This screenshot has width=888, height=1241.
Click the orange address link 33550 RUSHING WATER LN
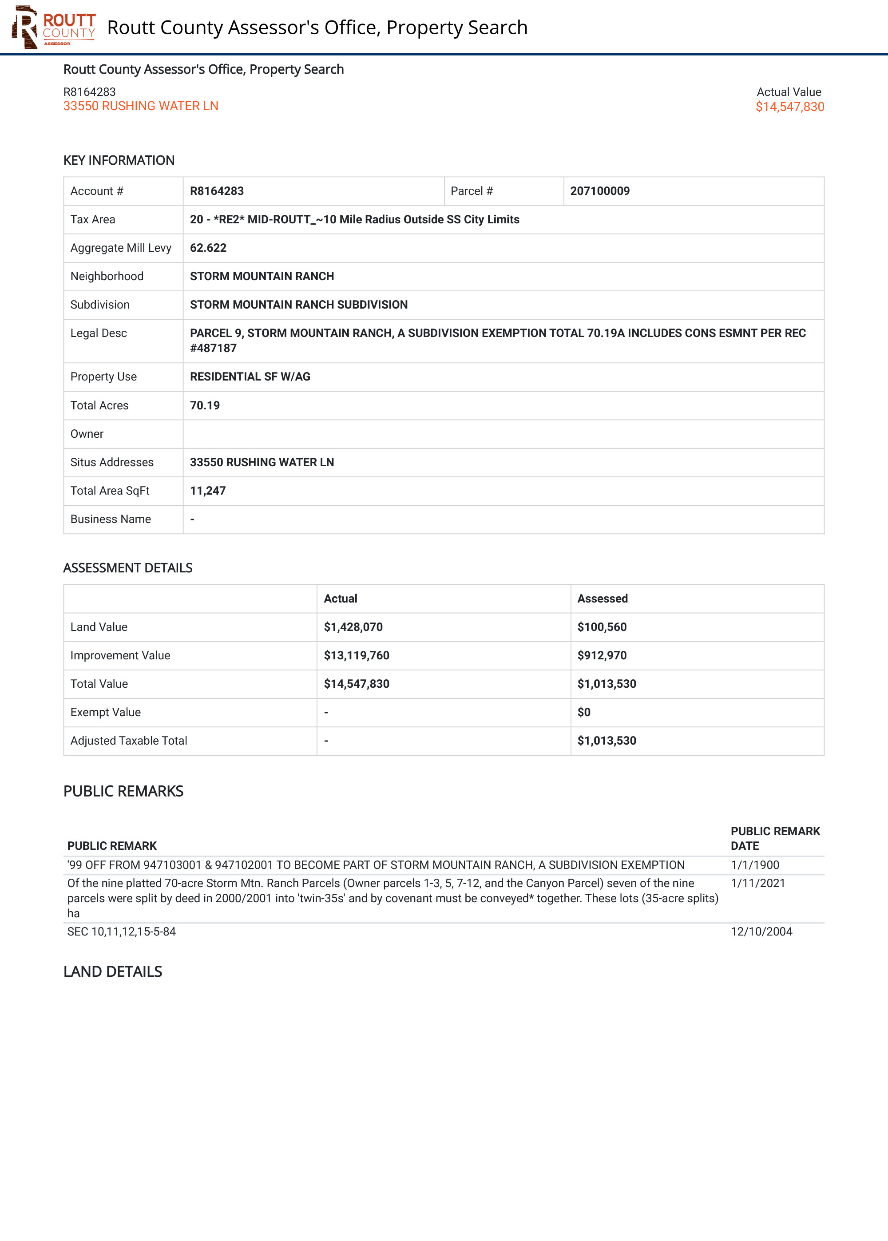tap(141, 106)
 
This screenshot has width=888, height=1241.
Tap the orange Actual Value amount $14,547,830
tap(789, 107)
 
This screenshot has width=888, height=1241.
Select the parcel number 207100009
tap(599, 191)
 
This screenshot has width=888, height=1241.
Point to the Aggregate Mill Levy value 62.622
tap(208, 248)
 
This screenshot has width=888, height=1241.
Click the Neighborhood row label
tap(107, 277)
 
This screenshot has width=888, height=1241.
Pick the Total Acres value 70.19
tap(205, 406)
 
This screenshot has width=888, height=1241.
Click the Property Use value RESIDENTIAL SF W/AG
tap(250, 377)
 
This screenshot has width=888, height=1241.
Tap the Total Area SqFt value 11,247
tap(207, 491)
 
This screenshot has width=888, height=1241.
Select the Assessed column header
tap(602, 599)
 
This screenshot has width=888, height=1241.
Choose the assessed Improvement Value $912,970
tap(602, 655)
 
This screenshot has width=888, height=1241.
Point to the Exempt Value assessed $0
tap(583, 712)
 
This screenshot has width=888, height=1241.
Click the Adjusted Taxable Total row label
tap(128, 741)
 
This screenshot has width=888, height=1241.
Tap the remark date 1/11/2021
tap(757, 884)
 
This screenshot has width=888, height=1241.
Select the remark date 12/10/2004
tap(761, 932)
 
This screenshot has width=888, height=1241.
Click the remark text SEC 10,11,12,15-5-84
tap(121, 932)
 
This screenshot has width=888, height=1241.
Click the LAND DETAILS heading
tap(113, 971)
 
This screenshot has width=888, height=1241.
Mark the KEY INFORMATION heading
tap(119, 161)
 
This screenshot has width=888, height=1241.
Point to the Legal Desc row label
tap(99, 333)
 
